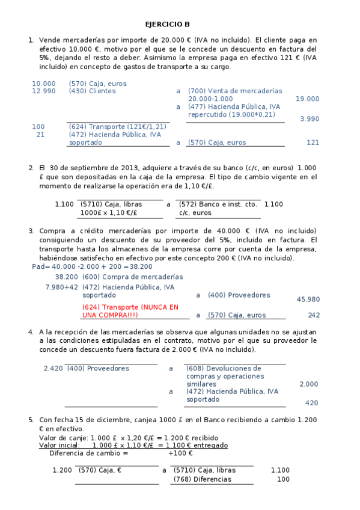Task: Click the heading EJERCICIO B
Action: pyautogui.click(x=167, y=25)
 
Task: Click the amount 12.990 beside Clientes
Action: pyautogui.click(x=43, y=91)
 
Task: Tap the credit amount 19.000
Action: pyautogui.click(x=307, y=99)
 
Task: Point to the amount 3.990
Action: pyautogui.click(x=309, y=119)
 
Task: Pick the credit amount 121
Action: pyautogui.click(x=313, y=143)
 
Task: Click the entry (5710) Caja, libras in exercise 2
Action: pyautogui.click(x=111, y=204)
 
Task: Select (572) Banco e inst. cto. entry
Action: pyautogui.click(x=218, y=204)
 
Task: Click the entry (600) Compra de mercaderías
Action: pyautogui.click(x=132, y=277)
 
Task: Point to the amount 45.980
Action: pyautogui.click(x=308, y=299)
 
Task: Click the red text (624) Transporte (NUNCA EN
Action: pyautogui.click(x=130, y=307)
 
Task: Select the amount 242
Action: pyautogui.click(x=313, y=315)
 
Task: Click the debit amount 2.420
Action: pyautogui.click(x=53, y=368)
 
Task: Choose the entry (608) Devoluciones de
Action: pyautogui.click(x=224, y=368)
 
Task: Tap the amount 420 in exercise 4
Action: pyautogui.click(x=311, y=403)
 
